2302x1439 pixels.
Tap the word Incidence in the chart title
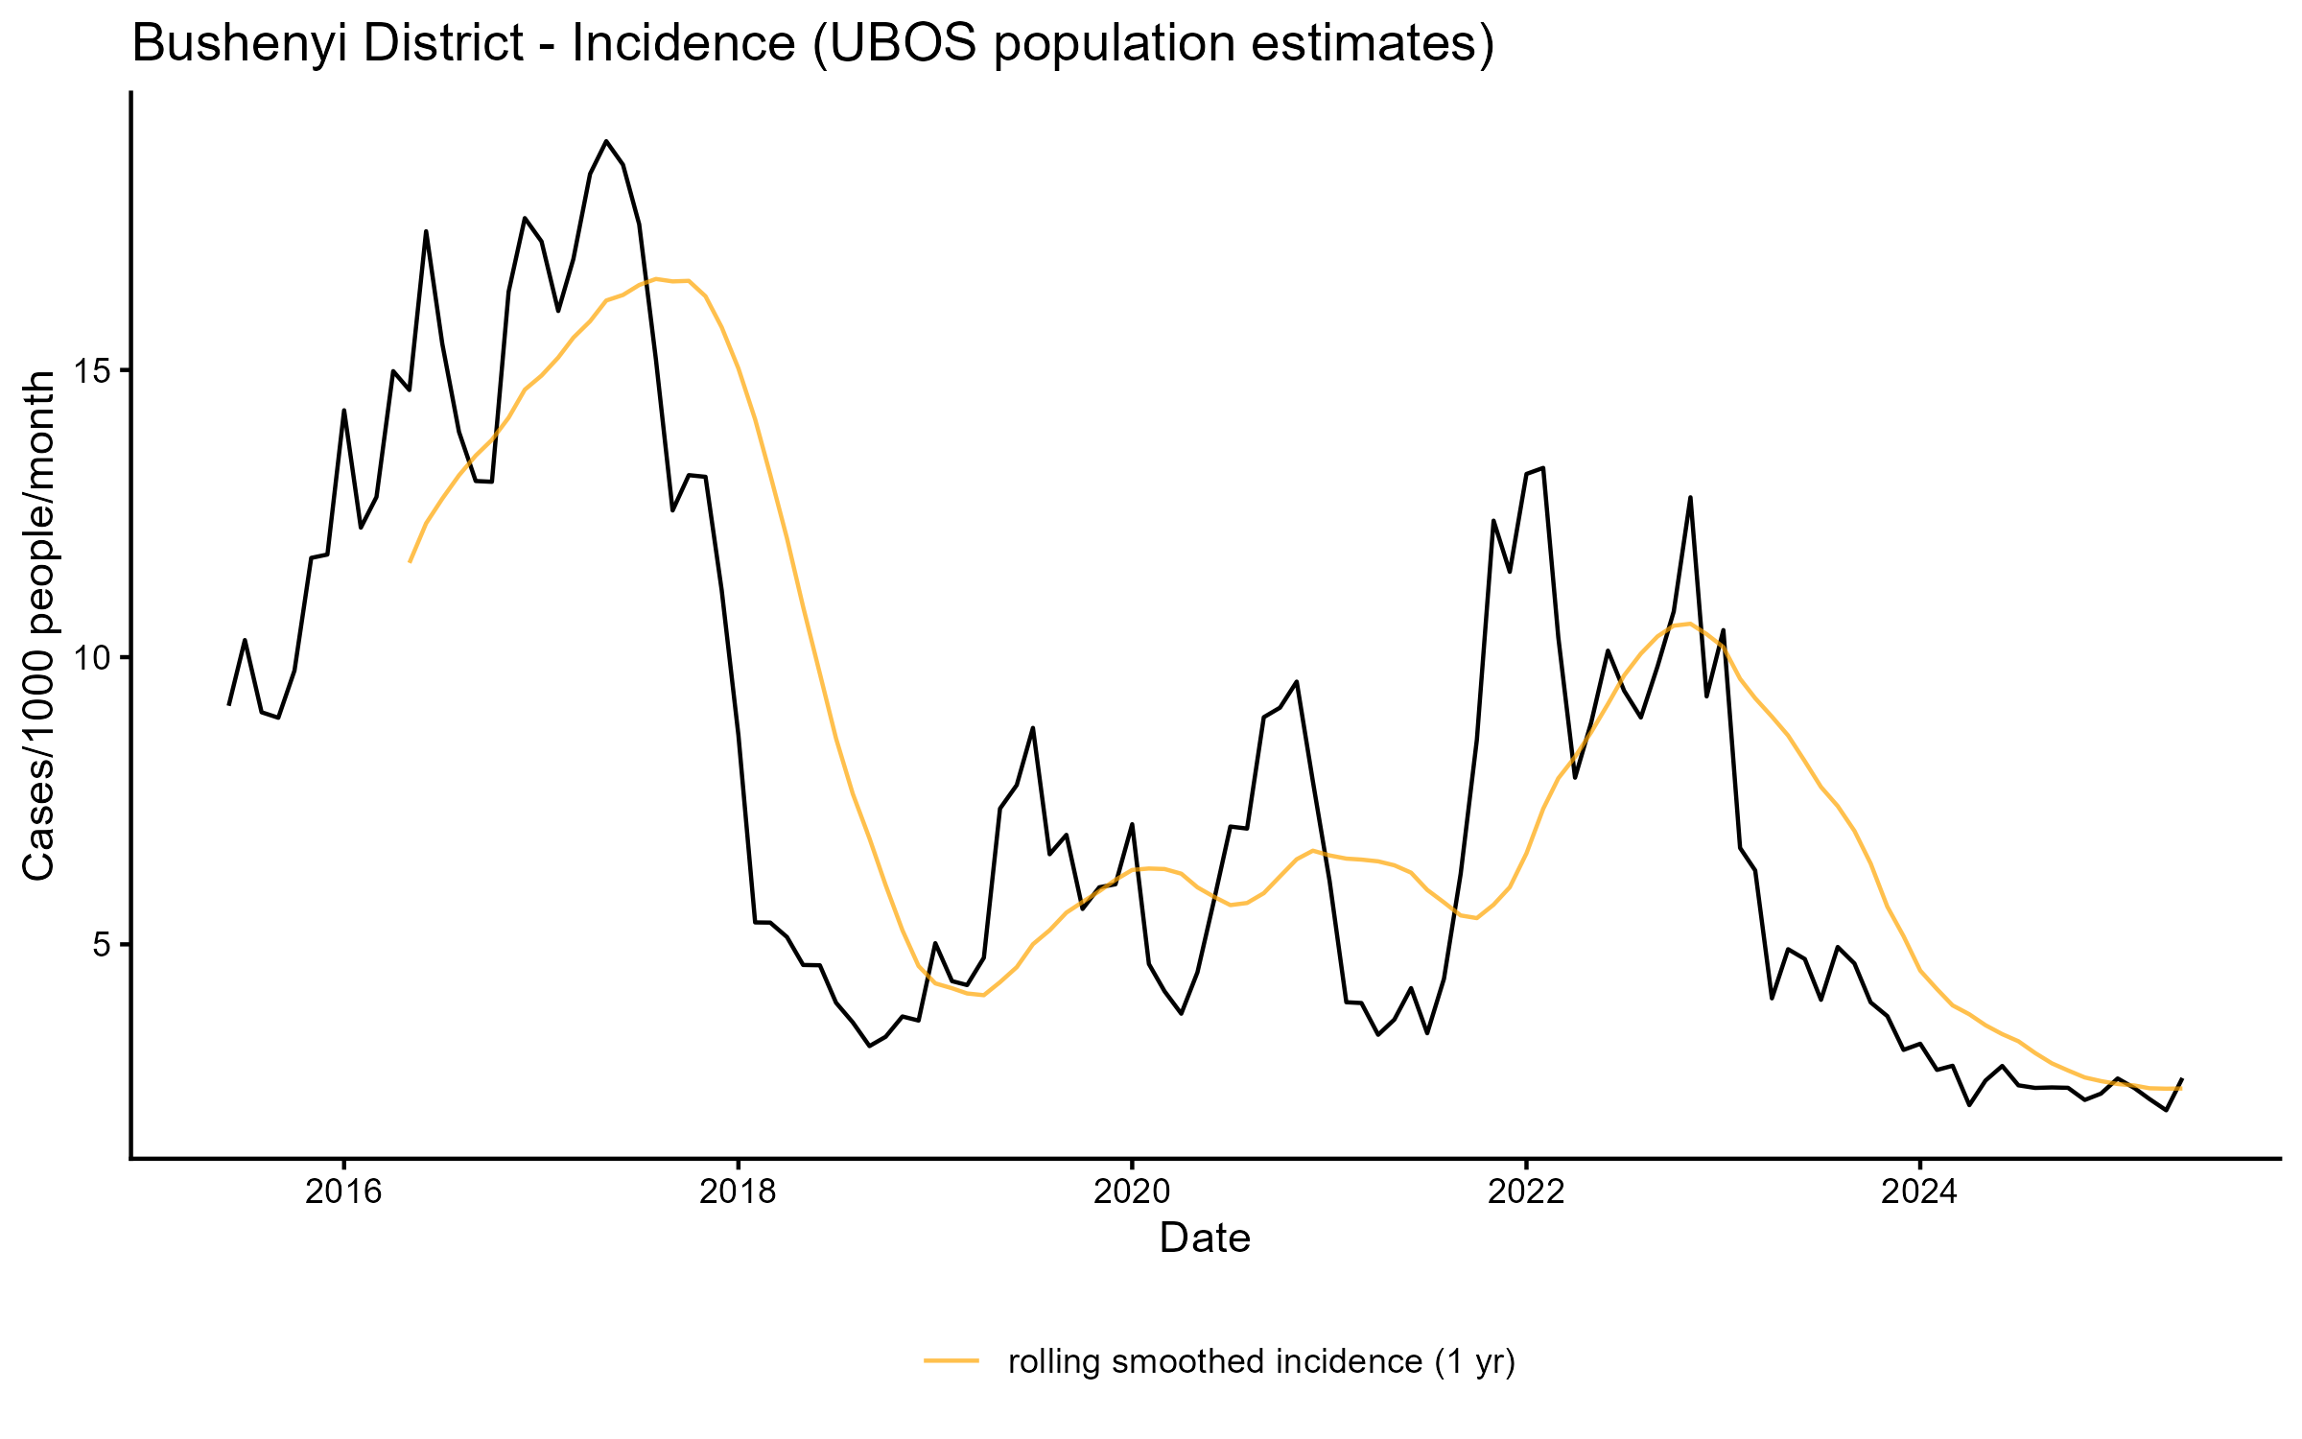tap(683, 44)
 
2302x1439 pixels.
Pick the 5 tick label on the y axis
tap(104, 945)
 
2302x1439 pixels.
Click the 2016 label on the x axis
tap(343, 1191)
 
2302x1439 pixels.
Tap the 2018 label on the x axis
tap(738, 1191)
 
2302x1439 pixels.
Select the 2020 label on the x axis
tap(1132, 1191)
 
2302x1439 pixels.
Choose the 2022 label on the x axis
tap(1525, 1191)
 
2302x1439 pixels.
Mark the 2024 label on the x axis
tap(1919, 1191)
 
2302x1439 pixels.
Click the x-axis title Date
tap(1205, 1238)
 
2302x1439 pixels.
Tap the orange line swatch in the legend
tap(951, 1359)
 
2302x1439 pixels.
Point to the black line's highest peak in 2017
tap(606, 141)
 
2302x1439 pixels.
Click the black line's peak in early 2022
tap(1542, 468)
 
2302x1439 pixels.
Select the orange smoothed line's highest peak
tap(657, 279)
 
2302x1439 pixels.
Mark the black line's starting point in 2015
tap(228, 705)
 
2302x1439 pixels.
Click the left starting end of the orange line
tap(410, 562)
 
